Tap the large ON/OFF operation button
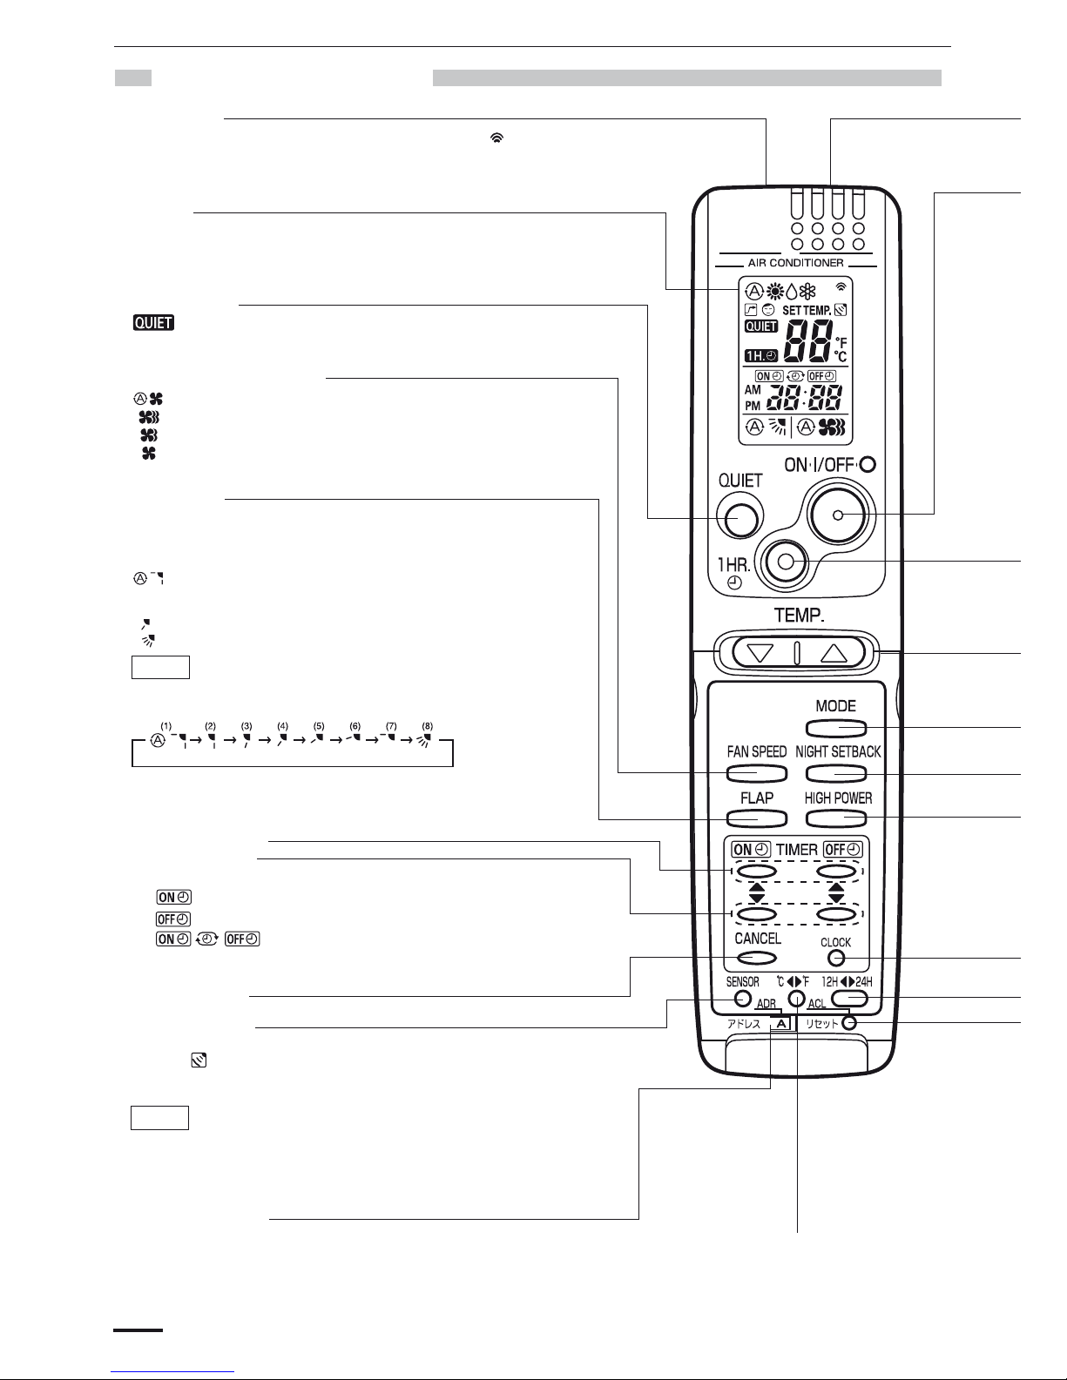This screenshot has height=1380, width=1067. tap(838, 515)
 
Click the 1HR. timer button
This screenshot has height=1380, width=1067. tap(786, 562)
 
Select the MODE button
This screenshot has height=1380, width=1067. tap(836, 728)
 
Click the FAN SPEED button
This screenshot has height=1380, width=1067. tap(756, 773)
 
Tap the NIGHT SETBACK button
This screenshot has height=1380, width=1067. tap(836, 773)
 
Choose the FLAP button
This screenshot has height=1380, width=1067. tap(756, 818)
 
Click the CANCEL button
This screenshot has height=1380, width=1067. tap(756, 958)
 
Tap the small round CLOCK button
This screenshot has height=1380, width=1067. tap(836, 959)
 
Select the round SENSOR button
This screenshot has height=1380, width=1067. tap(743, 999)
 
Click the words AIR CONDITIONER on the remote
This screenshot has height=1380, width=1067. tap(796, 263)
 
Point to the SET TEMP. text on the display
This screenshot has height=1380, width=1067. tap(807, 311)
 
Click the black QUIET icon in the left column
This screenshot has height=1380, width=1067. tap(153, 323)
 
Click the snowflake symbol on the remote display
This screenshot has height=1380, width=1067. tap(807, 292)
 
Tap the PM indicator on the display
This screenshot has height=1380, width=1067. tap(753, 405)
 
